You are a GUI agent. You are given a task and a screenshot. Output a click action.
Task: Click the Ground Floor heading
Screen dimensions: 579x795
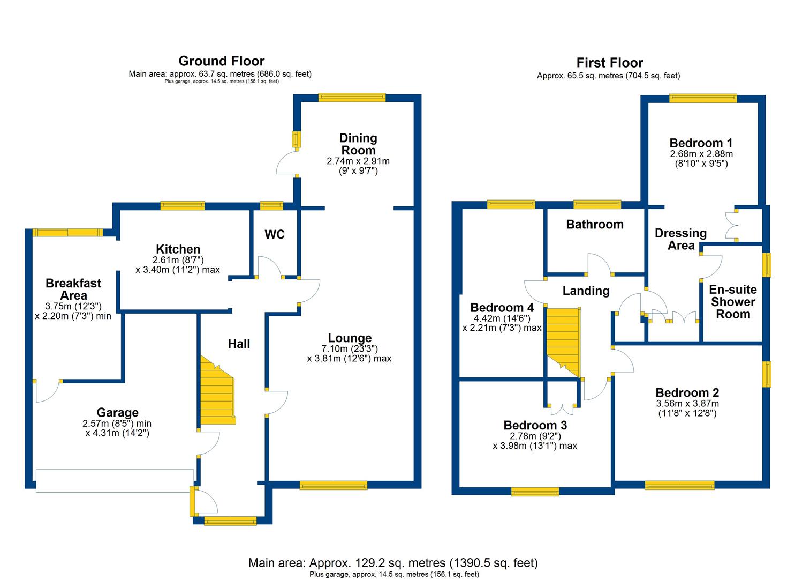(221, 61)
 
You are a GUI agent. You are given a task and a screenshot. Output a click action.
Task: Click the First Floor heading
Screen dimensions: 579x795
(609, 63)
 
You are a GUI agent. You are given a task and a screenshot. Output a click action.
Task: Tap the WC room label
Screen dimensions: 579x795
(275, 234)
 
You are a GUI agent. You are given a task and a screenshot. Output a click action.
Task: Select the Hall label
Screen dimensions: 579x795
(239, 344)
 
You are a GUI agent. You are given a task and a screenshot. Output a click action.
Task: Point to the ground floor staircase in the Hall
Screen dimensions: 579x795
(217, 392)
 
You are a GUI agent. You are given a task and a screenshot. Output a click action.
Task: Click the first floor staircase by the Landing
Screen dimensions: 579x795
(563, 341)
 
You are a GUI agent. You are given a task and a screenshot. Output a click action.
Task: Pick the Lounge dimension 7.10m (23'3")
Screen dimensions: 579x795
(350, 348)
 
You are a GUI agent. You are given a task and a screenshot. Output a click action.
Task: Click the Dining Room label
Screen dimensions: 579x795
(358, 144)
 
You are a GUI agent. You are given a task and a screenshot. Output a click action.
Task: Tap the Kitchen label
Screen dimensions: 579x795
(178, 249)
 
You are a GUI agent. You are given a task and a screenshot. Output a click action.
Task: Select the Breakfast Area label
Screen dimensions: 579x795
(73, 289)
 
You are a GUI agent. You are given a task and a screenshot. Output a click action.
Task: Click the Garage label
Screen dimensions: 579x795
(117, 412)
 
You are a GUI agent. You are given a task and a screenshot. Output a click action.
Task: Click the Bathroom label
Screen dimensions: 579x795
(594, 225)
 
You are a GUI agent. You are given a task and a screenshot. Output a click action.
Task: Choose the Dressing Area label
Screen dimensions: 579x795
(680, 239)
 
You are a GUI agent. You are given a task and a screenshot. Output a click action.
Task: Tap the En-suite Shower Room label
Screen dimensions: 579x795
(732, 302)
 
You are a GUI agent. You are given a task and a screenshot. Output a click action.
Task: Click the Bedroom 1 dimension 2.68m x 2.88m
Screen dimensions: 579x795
(701, 154)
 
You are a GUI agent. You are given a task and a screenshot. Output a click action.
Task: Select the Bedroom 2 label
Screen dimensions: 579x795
(687, 392)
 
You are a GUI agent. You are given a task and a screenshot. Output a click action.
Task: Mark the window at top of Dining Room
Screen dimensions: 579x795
(352, 97)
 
